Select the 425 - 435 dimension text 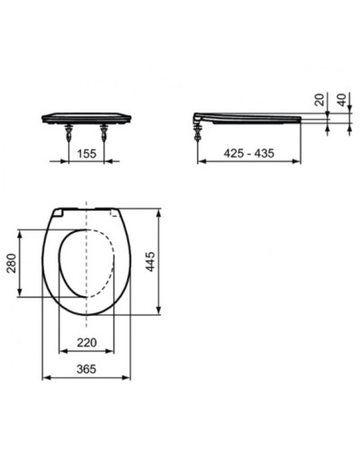[x=249, y=155]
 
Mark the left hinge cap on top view [x=60, y=212]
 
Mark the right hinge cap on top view [x=113, y=212]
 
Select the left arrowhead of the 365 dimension [x=46, y=378]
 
